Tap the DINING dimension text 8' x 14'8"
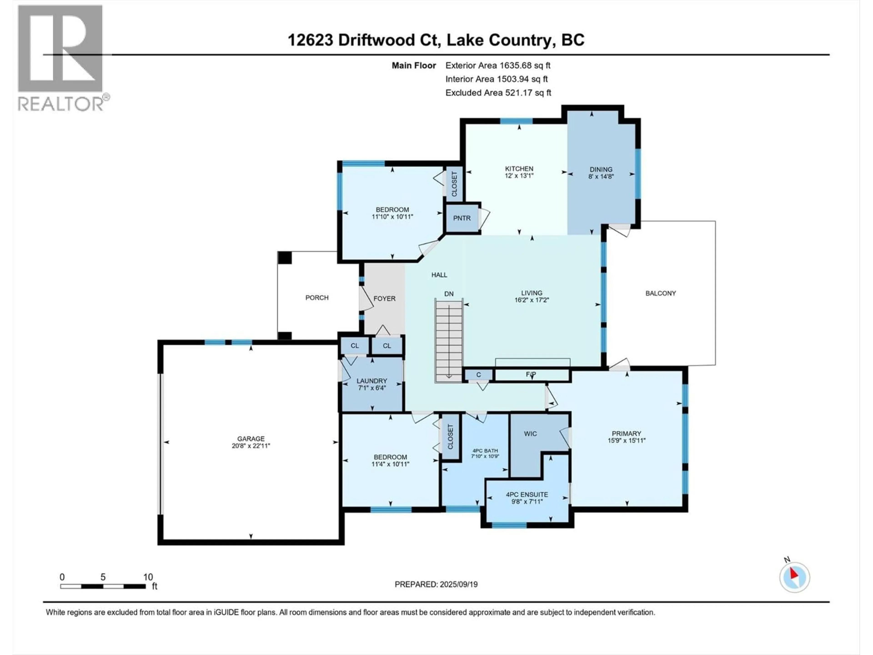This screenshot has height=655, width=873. tap(601, 176)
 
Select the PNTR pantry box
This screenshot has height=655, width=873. tap(461, 218)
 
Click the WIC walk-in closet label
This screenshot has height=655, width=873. tap(530, 433)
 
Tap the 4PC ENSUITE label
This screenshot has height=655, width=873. tap(527, 494)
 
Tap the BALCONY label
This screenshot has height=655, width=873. tap(660, 293)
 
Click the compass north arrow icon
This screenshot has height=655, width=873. tap(795, 577)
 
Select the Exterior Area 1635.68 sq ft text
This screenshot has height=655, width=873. tap(498, 65)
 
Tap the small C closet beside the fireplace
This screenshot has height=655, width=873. tap(478, 375)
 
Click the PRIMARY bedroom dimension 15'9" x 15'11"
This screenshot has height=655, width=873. tap(626, 441)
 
